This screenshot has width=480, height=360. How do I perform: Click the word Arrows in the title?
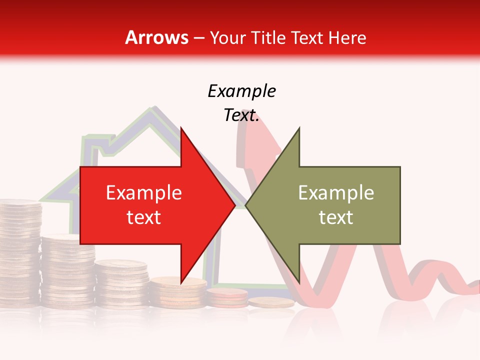pos(156,37)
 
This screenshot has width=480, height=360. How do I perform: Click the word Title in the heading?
pos(268,37)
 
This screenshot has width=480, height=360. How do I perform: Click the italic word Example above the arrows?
pos(241,91)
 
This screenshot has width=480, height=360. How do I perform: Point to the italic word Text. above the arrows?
pos(241,115)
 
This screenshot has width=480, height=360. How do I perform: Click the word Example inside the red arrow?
pos(144,193)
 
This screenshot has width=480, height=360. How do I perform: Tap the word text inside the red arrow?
pos(144,217)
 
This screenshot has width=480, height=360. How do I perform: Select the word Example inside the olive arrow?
pos(336,193)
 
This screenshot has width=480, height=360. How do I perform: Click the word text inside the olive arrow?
pos(336,217)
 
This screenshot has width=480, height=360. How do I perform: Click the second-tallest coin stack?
pos(67,270)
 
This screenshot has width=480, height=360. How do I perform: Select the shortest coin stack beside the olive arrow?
pos(271,302)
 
